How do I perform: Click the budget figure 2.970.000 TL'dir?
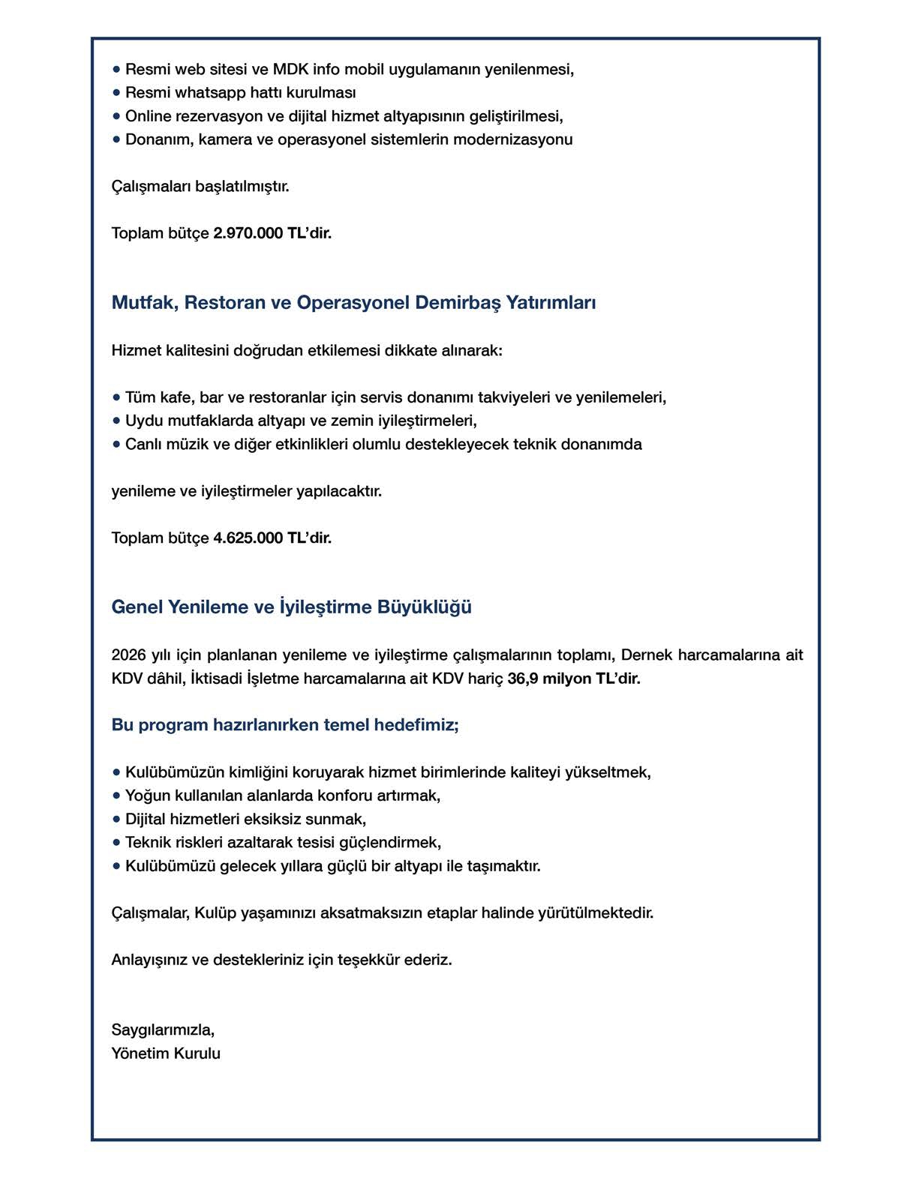pos(272,233)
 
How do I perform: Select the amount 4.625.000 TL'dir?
pos(272,538)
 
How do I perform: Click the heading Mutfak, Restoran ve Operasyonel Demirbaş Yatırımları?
pos(353,302)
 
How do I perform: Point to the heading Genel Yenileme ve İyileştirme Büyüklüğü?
pos(291,607)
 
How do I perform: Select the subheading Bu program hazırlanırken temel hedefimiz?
pos(284,725)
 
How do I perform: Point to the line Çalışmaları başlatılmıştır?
pos(200,186)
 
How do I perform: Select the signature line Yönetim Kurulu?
pos(166,1054)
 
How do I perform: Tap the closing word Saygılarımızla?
pos(163,1030)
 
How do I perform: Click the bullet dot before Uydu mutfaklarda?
pos(116,421)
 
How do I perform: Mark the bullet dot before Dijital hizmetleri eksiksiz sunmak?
pos(116,819)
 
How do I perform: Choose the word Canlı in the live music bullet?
pos(143,444)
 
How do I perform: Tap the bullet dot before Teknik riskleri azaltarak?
pos(116,842)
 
